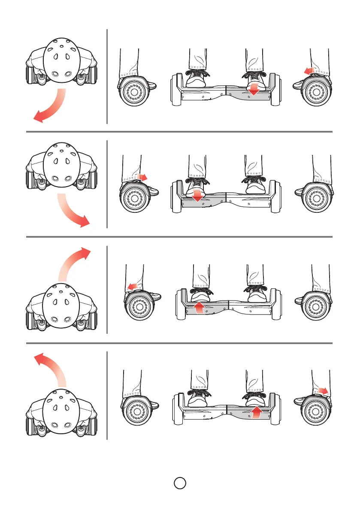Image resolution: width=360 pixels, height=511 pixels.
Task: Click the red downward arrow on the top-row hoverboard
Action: click(x=254, y=88)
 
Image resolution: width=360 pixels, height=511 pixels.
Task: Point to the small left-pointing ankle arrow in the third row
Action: click(x=134, y=286)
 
